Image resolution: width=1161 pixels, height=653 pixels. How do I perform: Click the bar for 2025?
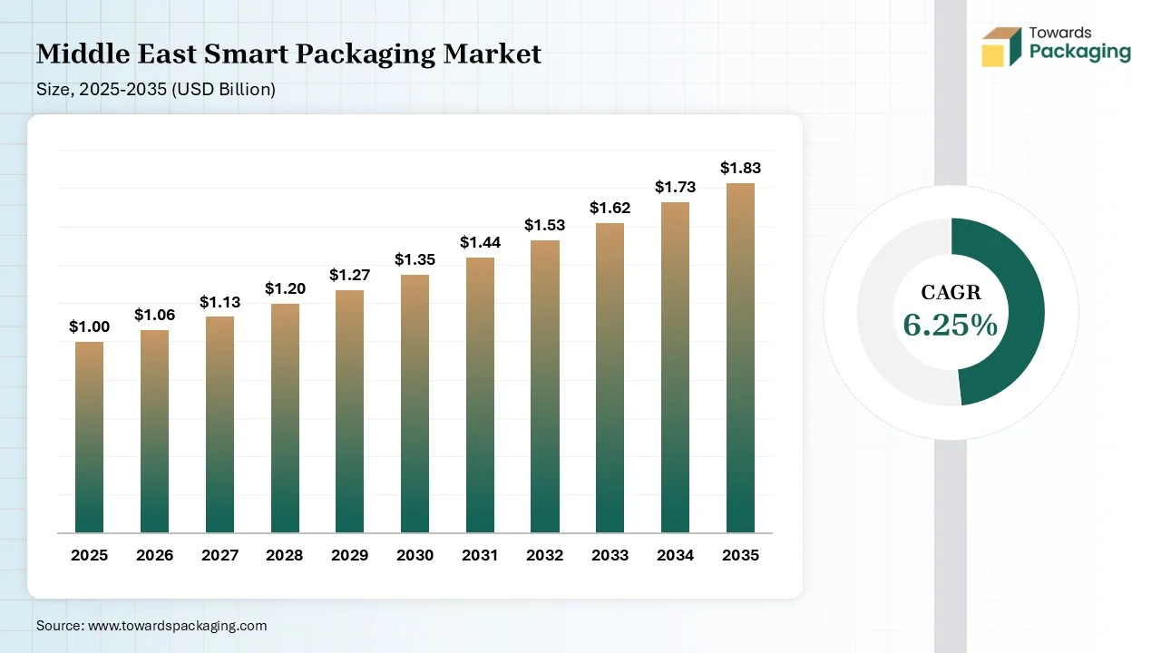pyautogui.click(x=89, y=437)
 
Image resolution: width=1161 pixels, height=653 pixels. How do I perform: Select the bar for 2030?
pyautogui.click(x=415, y=404)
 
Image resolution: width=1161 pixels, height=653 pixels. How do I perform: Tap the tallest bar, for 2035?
pyautogui.click(x=740, y=358)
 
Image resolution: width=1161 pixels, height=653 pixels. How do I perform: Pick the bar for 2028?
pyautogui.click(x=285, y=418)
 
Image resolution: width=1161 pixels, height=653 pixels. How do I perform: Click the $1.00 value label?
pyautogui.click(x=89, y=326)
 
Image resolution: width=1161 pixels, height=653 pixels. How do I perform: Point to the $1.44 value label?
pyautogui.click(x=480, y=242)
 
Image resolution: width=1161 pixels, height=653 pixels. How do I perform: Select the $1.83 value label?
pyautogui.click(x=740, y=168)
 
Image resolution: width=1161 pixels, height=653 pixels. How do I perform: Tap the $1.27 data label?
pyautogui.click(x=349, y=275)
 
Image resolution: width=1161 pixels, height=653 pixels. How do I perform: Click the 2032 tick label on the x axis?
pyautogui.click(x=545, y=555)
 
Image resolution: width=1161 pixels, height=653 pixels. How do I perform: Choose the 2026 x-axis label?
pyautogui.click(x=154, y=555)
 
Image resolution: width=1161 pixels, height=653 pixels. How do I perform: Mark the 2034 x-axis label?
pyautogui.click(x=675, y=555)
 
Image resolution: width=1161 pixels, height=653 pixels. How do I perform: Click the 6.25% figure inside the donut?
pyautogui.click(x=950, y=325)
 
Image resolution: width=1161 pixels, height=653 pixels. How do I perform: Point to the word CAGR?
pyautogui.click(x=951, y=292)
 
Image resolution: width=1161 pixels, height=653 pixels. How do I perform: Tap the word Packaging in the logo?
pyautogui.click(x=1079, y=52)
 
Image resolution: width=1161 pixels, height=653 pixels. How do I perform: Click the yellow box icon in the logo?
pyautogui.click(x=993, y=54)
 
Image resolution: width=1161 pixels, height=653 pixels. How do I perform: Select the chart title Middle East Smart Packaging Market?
pyautogui.click(x=288, y=54)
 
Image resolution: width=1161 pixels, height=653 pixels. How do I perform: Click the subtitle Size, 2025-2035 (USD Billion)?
pyautogui.click(x=156, y=89)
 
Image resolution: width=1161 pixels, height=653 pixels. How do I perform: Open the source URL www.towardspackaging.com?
pyautogui.click(x=177, y=625)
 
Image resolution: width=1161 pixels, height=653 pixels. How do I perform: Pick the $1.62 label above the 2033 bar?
pyautogui.click(x=610, y=208)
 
